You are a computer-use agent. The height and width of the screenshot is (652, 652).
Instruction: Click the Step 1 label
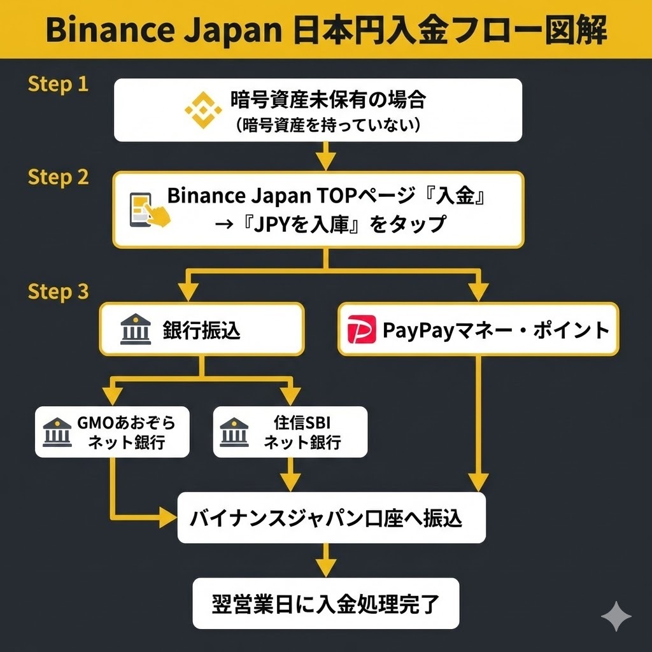[x=58, y=84]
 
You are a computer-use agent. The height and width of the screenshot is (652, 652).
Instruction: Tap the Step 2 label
[x=58, y=177]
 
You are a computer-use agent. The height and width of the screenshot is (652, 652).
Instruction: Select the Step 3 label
[x=58, y=292]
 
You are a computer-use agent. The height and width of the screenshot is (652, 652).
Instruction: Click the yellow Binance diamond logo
[x=204, y=110]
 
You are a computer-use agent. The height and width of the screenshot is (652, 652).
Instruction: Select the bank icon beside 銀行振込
[x=136, y=330]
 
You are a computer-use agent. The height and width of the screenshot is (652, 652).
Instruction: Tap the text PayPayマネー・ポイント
[x=495, y=330]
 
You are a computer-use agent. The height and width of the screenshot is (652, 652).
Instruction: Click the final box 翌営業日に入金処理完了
[x=325, y=604]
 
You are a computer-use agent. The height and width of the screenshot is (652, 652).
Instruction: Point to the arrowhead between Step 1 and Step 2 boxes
[x=326, y=161]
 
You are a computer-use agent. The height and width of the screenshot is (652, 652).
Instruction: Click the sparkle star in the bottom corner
[x=616, y=616]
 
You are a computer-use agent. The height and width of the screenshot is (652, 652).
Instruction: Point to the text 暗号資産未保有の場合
[x=327, y=100]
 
